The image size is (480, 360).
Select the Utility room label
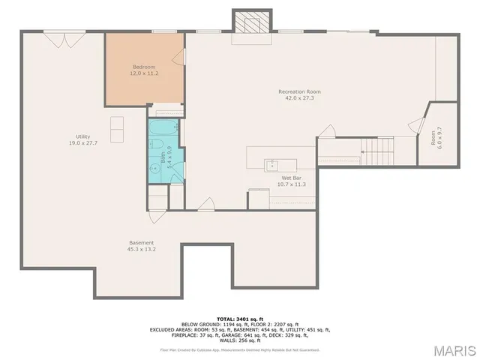73,136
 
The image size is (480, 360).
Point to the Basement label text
141,242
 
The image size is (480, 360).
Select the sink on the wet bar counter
271,163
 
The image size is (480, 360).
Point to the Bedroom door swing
178,58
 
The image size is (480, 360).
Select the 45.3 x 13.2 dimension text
141,249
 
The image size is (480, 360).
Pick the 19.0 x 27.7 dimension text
73,142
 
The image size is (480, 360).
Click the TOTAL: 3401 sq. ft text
239,319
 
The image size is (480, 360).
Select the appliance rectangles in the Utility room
118,129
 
